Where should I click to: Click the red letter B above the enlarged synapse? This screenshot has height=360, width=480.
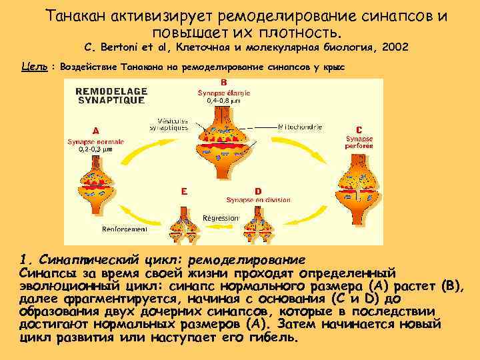[223, 83]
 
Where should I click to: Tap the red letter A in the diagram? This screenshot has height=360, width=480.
[96, 130]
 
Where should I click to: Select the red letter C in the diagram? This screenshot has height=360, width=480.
[359, 129]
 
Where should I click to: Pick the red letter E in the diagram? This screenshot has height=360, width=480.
[184, 190]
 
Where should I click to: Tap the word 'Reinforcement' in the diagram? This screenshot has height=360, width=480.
[125, 228]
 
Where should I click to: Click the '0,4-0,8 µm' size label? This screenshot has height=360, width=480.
[223, 101]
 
